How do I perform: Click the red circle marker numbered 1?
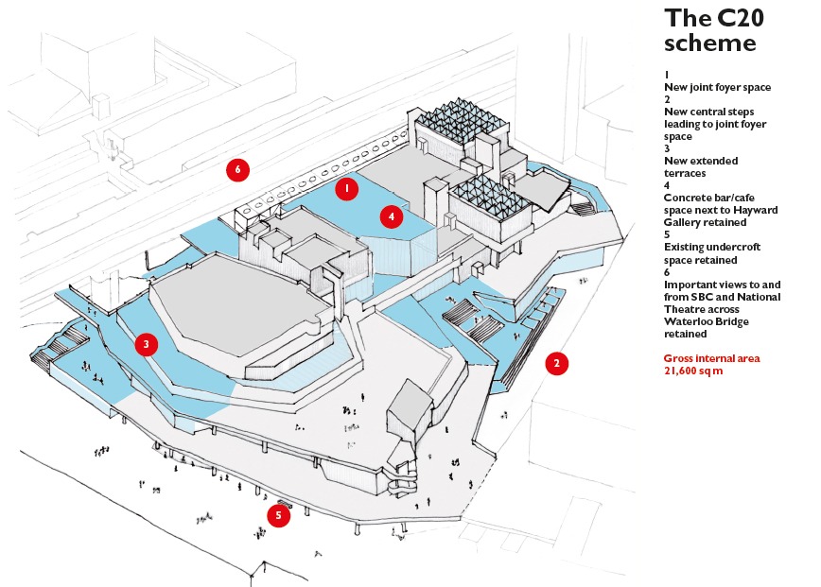coord(347,189)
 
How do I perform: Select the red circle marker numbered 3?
coord(146,344)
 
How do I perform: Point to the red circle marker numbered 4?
coord(392,216)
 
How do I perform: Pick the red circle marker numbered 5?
coord(278,516)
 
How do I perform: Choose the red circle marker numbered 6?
coord(237,169)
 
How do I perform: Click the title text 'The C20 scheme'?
coord(710,31)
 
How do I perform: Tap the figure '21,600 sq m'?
coord(693,371)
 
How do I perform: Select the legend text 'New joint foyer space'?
coord(717,87)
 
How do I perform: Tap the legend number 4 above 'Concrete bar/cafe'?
coord(667,185)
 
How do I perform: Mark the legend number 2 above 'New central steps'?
coord(667,99)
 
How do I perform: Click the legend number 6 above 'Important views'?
coord(667,271)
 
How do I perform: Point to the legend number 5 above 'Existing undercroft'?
coord(667,235)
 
